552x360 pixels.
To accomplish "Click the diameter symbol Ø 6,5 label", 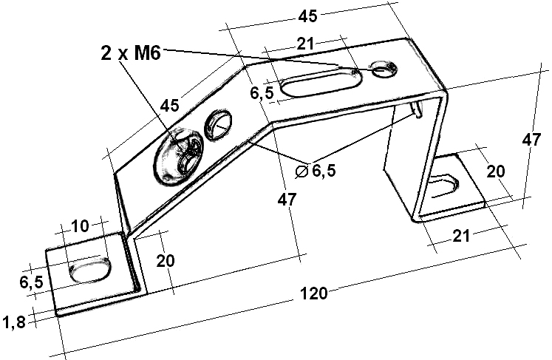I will click(316, 171).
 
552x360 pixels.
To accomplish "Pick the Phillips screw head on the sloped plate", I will click(181, 156).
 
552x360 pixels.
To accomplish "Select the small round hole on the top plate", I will click(382, 69).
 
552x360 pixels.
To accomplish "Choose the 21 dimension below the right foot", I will click(460, 237).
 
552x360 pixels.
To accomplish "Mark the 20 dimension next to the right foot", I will click(495, 171).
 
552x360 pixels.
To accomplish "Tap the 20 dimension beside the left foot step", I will click(166, 260).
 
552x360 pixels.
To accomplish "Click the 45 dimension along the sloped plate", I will click(169, 106).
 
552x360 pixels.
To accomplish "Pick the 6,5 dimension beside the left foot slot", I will click(30, 282).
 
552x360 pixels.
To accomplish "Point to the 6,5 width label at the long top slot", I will click(262, 93).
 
